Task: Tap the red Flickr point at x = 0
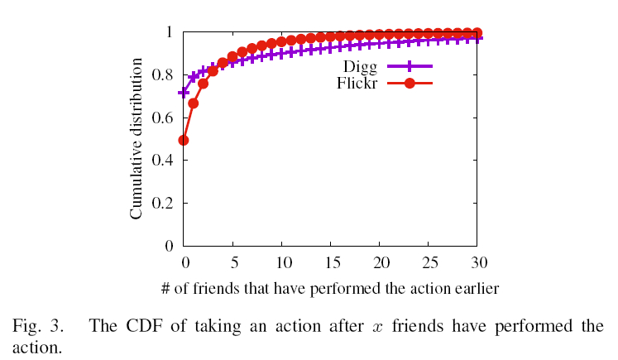pos(184,140)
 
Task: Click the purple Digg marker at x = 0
pos(184,93)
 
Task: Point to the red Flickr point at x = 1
pos(194,103)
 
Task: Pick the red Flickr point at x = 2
pos(204,84)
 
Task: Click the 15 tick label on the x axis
pos(331,262)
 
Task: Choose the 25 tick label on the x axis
pos(429,262)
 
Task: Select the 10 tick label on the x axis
pos(282,262)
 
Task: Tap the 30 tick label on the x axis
pos(477,262)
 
